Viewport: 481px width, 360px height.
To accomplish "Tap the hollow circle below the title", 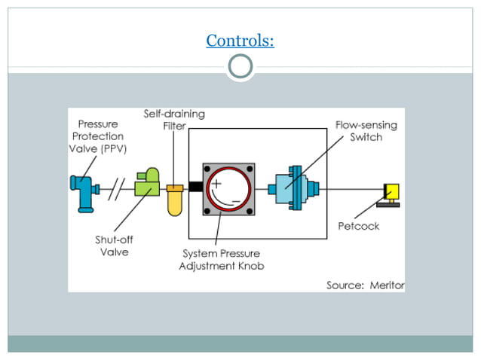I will (x=240, y=68).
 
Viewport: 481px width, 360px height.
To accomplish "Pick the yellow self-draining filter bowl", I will (x=176, y=200).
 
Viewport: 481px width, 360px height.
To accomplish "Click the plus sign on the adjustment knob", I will (x=217, y=172).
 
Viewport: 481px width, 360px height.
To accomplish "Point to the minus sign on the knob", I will (x=237, y=201).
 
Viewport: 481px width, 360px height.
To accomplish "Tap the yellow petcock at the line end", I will (x=391, y=193).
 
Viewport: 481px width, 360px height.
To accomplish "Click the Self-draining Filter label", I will (x=174, y=120).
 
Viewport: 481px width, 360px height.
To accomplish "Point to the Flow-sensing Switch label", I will (x=366, y=131).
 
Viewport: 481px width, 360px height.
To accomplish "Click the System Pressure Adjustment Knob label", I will (x=222, y=260).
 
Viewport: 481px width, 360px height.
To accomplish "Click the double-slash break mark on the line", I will (x=114, y=186).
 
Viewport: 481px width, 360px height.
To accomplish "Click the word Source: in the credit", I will (x=345, y=285).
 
